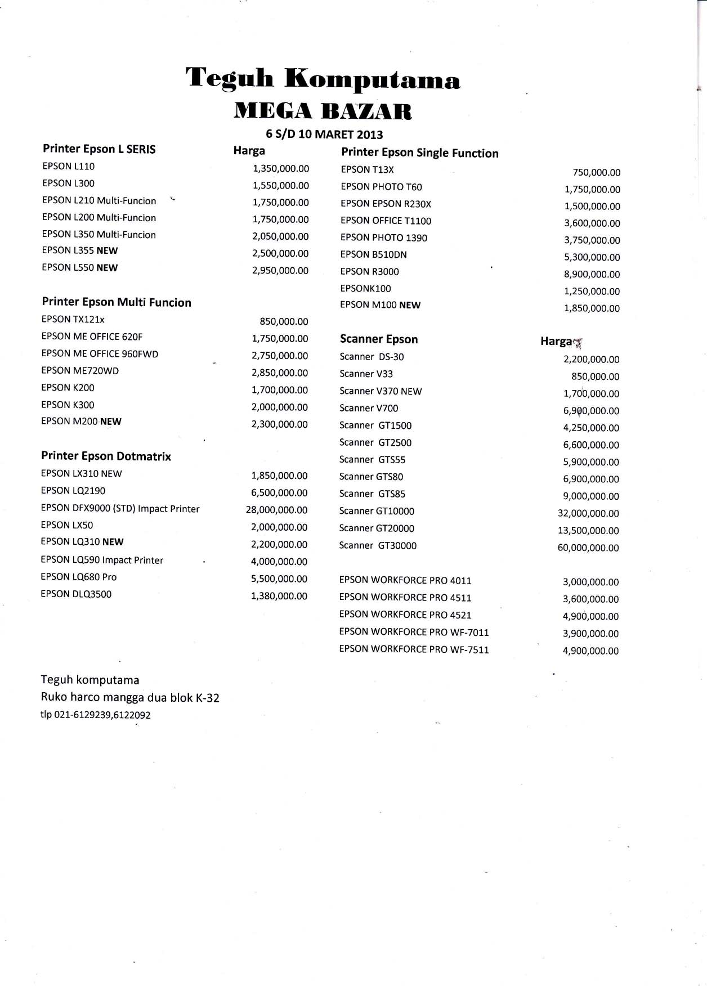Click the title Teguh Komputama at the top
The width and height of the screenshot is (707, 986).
[x=323, y=79]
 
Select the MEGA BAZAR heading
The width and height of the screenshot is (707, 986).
[x=323, y=111]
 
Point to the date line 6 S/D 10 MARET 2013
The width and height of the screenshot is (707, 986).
[x=324, y=135]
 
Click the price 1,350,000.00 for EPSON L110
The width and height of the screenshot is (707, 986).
[x=281, y=168]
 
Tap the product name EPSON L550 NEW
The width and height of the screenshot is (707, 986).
[x=80, y=268]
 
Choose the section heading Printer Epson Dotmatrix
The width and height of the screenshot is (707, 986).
[x=106, y=456]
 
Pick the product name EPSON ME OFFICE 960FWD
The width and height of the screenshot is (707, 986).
[x=100, y=354]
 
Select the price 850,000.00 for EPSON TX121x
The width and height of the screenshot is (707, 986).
[x=284, y=322]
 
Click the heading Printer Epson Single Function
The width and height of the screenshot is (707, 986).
[x=419, y=153]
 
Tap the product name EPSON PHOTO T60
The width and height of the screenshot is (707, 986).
[x=381, y=187]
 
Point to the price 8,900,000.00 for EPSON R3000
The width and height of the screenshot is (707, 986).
[x=592, y=275]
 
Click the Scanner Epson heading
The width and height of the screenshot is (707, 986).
[x=379, y=339]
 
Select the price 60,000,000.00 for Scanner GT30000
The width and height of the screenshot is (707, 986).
[x=588, y=548]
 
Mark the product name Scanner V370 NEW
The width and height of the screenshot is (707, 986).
[x=381, y=391]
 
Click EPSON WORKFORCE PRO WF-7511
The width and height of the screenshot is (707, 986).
[x=414, y=649]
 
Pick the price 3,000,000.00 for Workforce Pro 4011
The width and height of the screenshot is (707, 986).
[x=590, y=582]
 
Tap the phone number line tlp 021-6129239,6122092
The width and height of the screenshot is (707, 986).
[x=96, y=715]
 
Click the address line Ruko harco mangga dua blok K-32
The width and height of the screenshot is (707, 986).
[x=130, y=698]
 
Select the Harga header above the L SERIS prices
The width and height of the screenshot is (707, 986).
[x=249, y=151]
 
